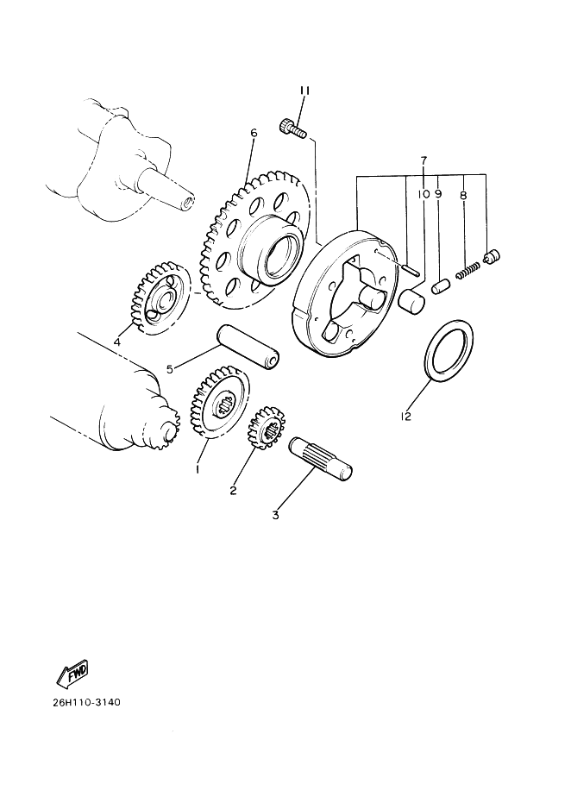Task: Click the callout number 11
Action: (x=304, y=91)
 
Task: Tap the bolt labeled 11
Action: (x=293, y=128)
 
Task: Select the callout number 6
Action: (x=254, y=133)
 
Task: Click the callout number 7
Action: (x=424, y=160)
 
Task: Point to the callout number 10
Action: (x=424, y=194)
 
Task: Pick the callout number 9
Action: (x=438, y=194)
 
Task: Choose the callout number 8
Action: (x=463, y=196)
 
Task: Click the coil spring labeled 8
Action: (x=467, y=270)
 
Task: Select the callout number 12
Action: (x=406, y=416)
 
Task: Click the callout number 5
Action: (x=170, y=368)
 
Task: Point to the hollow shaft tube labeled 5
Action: (x=248, y=347)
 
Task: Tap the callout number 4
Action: (x=117, y=342)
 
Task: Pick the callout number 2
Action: (x=233, y=490)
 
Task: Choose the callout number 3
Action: (x=275, y=514)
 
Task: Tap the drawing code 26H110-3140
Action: (x=86, y=702)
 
